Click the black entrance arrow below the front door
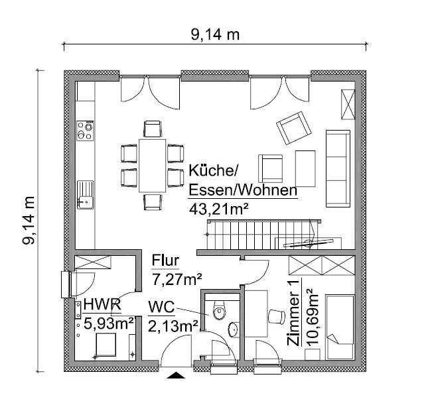click(176, 375)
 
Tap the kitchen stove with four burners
click(86, 131)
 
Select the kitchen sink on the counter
click(86, 195)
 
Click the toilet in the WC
click(219, 310)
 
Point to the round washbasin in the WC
click(234, 329)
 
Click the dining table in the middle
click(152, 166)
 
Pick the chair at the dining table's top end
click(153, 129)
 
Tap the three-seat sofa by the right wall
click(338, 168)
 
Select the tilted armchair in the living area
click(293, 128)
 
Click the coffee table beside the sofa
click(305, 168)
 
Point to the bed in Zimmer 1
click(340, 327)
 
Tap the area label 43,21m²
click(218, 209)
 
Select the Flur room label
click(165, 260)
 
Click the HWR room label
click(102, 304)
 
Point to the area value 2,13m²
click(173, 326)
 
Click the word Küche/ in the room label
click(212, 170)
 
